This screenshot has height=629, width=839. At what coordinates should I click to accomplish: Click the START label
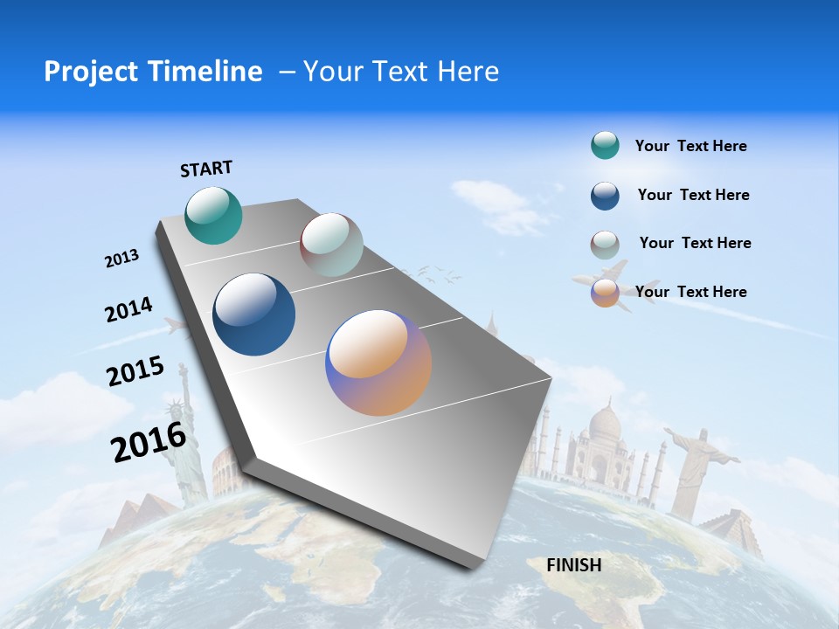206,169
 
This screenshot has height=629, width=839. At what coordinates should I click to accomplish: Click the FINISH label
573,565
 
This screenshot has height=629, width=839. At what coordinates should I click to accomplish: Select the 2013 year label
121,259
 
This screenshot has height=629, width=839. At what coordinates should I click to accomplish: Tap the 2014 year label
128,310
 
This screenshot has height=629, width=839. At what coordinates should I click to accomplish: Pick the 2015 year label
135,371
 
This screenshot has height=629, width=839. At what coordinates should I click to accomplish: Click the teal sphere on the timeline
213,215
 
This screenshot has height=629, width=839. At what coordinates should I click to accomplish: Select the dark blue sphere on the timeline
253,314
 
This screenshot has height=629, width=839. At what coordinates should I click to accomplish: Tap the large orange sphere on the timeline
378,363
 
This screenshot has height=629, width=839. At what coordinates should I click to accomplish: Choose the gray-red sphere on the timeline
331,245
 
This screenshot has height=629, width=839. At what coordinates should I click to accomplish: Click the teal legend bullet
605,146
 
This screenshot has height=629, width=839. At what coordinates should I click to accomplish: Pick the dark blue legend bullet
605,196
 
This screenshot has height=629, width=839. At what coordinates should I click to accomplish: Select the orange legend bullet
605,293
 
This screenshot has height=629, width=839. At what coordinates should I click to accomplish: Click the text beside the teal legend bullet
690,146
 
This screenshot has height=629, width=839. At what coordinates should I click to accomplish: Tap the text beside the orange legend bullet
690,292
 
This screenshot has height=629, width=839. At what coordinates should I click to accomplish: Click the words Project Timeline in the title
153,72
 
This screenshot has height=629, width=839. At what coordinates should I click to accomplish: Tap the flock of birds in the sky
437,274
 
